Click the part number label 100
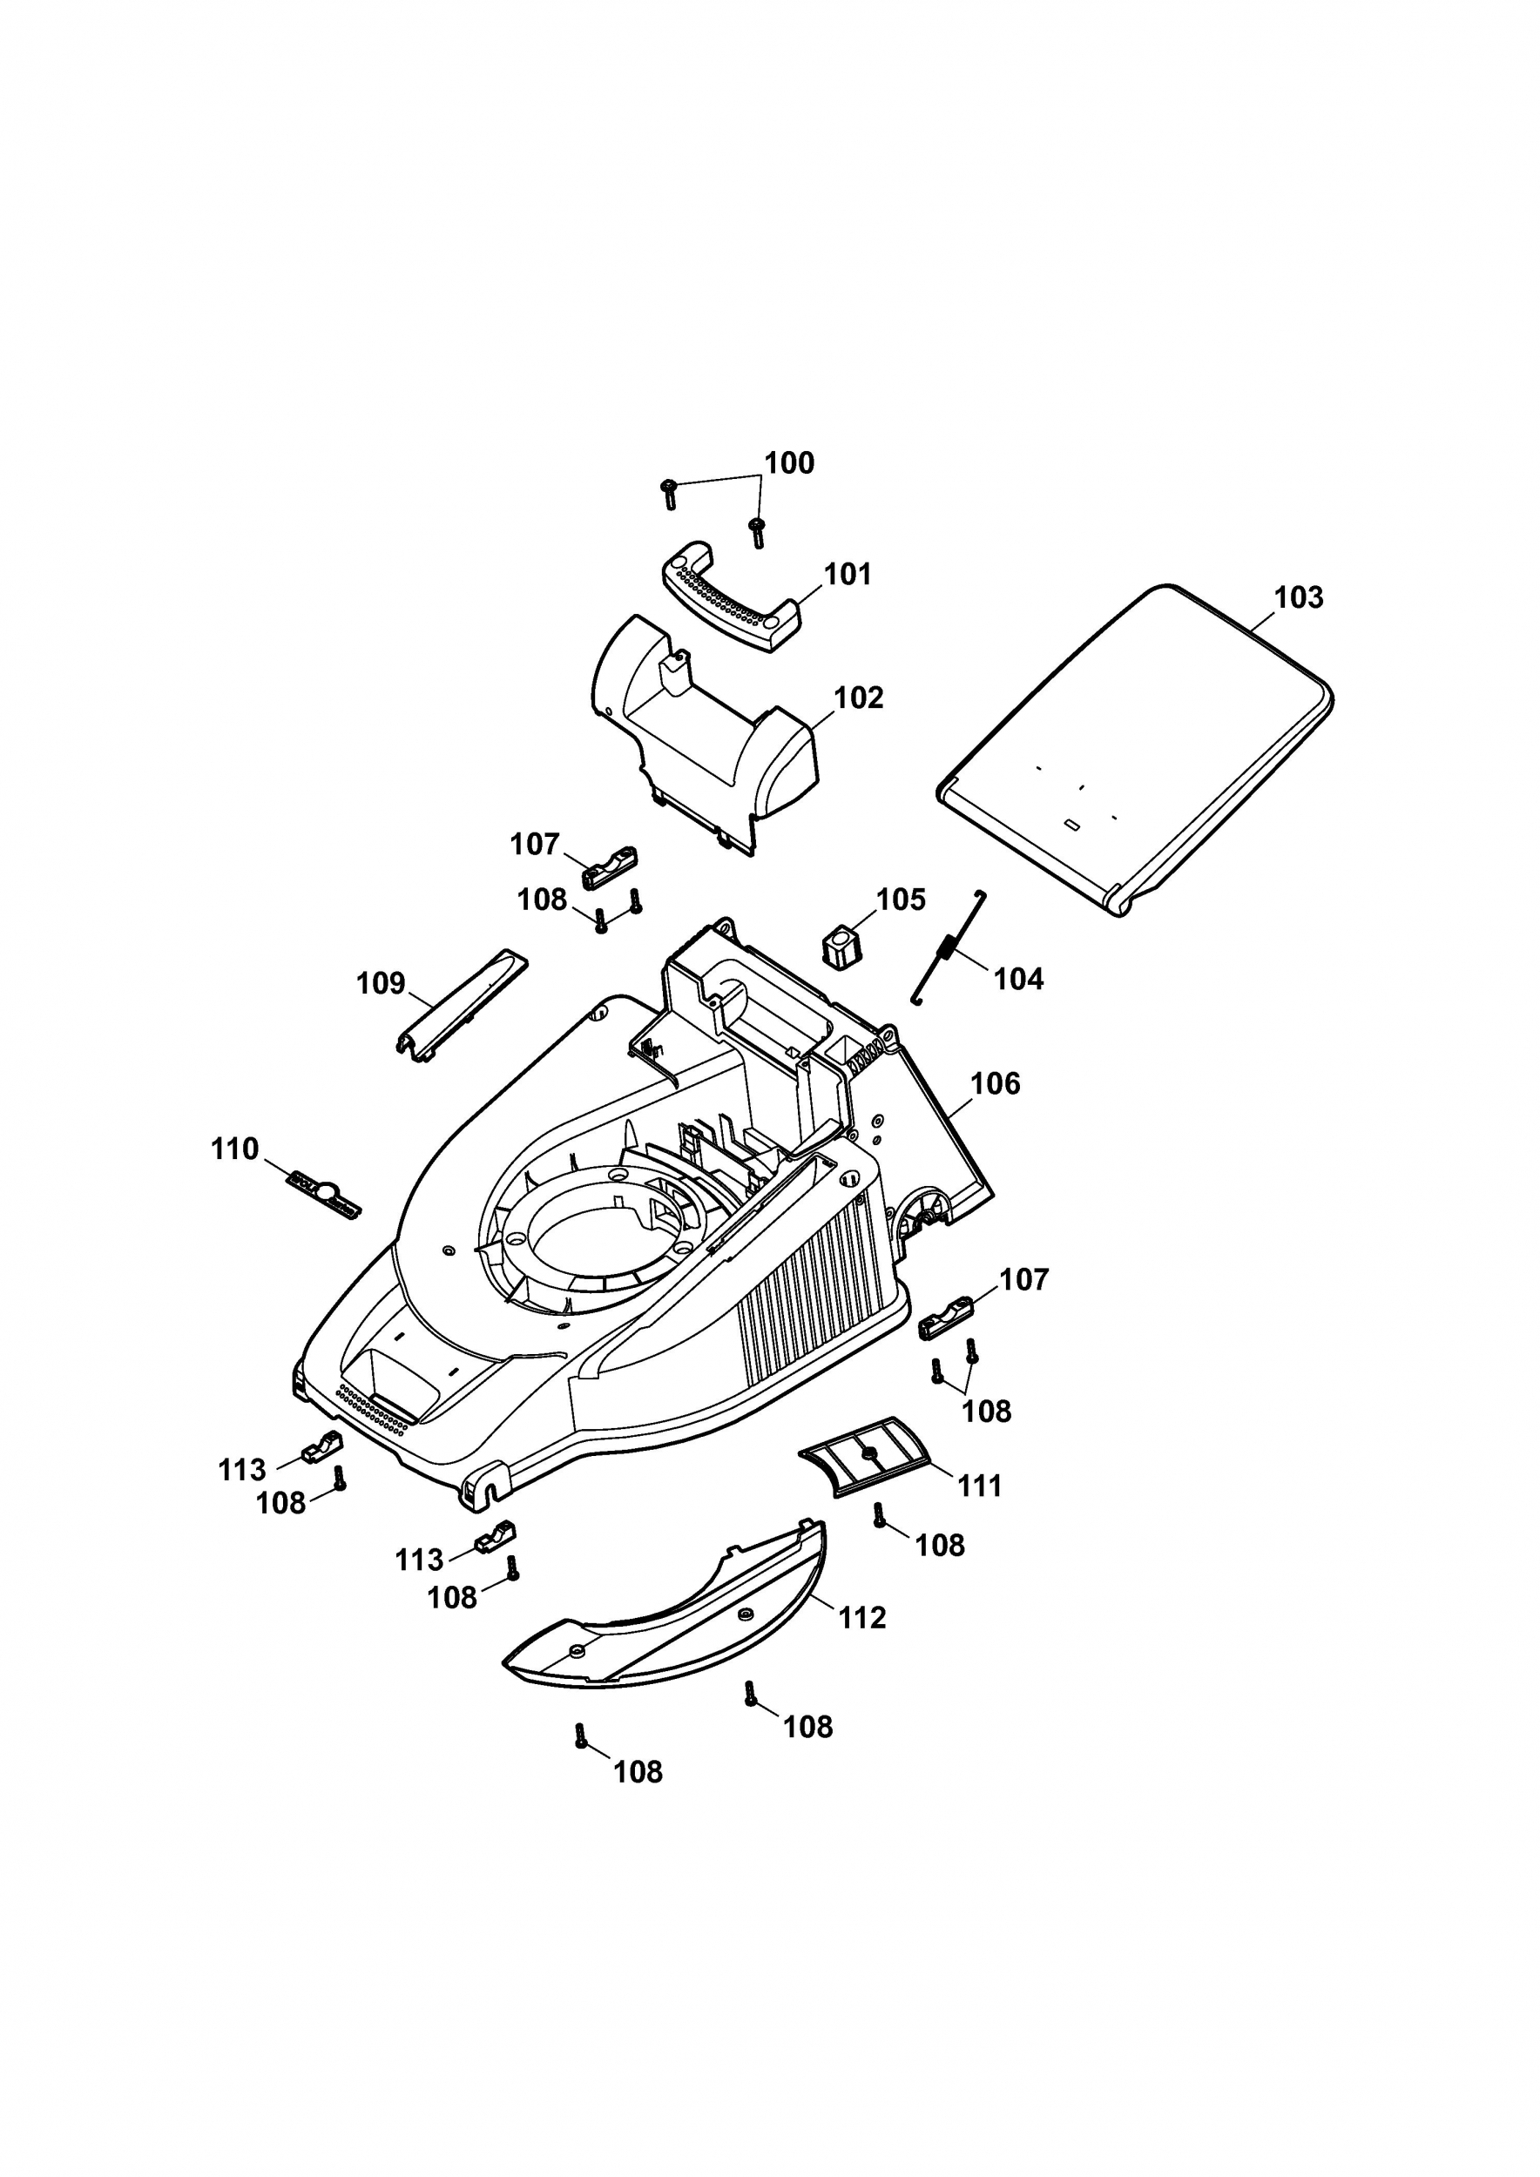[x=789, y=463]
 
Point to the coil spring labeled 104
[x=949, y=948]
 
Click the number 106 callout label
[x=995, y=1084]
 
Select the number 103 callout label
[x=1297, y=597]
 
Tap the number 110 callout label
[x=234, y=1149]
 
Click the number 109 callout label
[x=381, y=983]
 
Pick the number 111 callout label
[x=980, y=1486]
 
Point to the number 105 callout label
[x=900, y=900]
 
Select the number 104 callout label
[x=1018, y=979]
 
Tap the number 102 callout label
[x=858, y=698]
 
